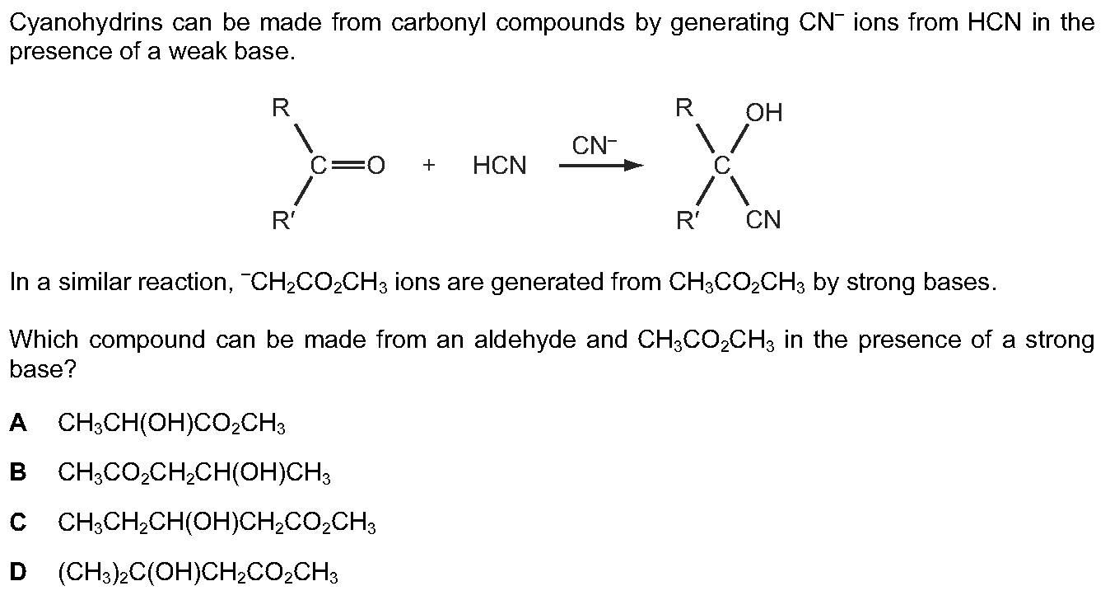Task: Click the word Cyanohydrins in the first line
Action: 86,24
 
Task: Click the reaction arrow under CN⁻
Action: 601,165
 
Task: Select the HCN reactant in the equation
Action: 500,165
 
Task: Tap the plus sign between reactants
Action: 429,165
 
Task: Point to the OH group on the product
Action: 764,113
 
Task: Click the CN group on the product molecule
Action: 763,220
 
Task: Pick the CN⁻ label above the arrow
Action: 595,145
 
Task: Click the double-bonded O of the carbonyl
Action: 375,166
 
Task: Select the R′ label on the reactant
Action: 283,220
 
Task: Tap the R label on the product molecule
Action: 684,107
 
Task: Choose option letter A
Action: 18,423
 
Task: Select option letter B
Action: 18,472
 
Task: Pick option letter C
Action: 18,522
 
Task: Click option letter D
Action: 18,572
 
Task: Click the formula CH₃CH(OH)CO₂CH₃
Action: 172,424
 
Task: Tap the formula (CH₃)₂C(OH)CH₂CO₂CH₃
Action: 198,574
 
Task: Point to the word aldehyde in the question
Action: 525,340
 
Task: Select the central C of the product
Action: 722,166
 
